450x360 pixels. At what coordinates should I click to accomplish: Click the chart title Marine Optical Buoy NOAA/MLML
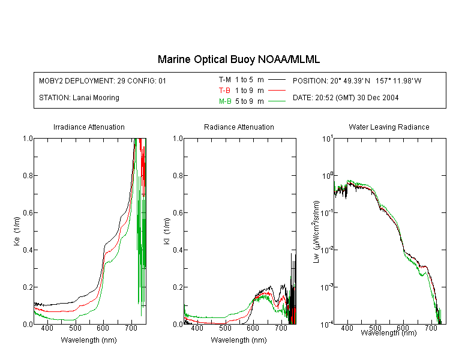point(238,59)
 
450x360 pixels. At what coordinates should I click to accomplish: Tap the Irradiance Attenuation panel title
point(89,127)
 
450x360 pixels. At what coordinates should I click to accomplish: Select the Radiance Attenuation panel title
point(239,127)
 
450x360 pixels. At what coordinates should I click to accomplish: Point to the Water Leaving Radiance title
point(389,127)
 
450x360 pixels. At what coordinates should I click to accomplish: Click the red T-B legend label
point(224,91)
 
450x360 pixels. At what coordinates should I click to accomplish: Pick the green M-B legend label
point(225,101)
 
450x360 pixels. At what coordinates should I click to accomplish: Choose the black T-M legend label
point(225,80)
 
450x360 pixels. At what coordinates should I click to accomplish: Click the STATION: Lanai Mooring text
point(79,98)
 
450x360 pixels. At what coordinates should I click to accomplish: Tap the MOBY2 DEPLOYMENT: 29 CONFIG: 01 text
point(103,81)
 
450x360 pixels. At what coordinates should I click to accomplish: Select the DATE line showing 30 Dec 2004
point(346,98)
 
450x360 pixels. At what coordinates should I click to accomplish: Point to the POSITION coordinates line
point(357,81)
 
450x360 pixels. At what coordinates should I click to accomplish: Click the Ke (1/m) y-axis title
point(17,231)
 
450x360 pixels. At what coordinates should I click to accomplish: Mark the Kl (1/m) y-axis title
point(167,231)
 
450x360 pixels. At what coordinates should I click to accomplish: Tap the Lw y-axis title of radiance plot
point(316,232)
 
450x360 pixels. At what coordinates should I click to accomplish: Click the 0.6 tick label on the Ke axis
point(28,213)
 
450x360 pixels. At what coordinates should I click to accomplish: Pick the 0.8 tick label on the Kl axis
point(178,175)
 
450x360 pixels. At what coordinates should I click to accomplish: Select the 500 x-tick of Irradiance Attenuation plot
point(75,328)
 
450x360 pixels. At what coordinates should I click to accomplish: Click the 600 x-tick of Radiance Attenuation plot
point(253,328)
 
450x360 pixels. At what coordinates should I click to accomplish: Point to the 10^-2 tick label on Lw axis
point(327,250)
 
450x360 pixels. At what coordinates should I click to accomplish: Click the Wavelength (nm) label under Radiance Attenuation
point(239,340)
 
